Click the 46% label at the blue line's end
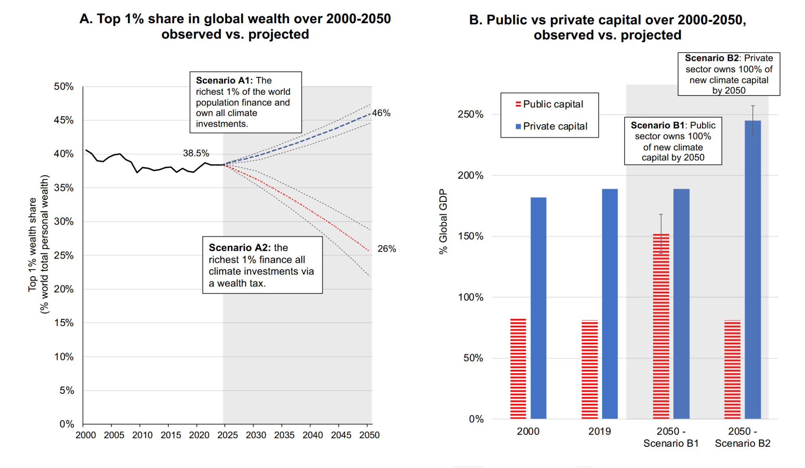381,113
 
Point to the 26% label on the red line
386,249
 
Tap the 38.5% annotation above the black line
196,153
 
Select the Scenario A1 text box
246,102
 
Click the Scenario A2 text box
262,265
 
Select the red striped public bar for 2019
590,369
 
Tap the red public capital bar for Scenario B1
661,326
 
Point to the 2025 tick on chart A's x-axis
227,435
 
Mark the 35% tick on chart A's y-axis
64,188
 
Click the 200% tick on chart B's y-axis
470,176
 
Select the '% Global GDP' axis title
443,222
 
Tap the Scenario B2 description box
729,74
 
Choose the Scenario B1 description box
673,141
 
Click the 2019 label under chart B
599,431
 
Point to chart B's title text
607,28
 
